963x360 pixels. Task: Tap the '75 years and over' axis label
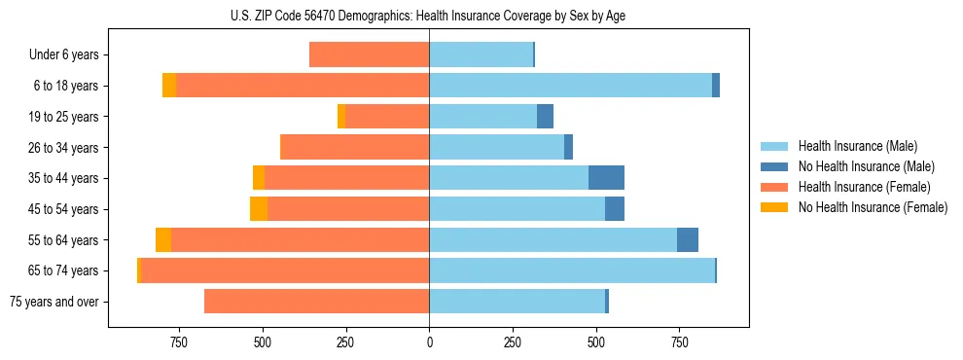point(54,302)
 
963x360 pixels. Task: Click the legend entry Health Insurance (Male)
point(857,146)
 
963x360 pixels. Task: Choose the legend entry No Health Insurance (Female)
point(873,207)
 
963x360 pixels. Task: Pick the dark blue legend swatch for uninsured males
point(773,166)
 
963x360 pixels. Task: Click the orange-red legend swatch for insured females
point(773,187)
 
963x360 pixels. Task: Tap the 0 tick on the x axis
point(429,342)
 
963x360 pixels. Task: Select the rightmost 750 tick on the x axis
point(679,342)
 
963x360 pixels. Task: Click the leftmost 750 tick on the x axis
point(179,342)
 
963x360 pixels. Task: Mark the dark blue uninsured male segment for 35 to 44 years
point(606,178)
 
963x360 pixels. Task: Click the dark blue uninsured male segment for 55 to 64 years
point(688,239)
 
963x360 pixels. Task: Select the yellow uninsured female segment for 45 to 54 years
point(259,209)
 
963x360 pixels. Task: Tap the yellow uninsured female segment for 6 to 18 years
point(169,86)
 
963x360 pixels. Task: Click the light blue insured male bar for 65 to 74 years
point(572,270)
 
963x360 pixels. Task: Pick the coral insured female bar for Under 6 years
point(370,55)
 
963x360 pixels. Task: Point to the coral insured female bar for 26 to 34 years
point(355,147)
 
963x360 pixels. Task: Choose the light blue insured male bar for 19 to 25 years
point(482,117)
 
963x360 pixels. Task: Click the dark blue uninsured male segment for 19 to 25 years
point(545,117)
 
